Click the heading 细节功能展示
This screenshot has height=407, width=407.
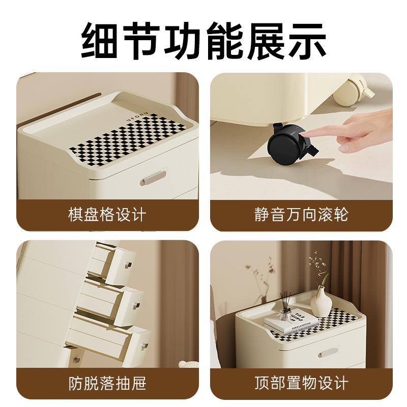pyautogui.click(x=203, y=41)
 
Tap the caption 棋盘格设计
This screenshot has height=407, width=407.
pyautogui.click(x=107, y=215)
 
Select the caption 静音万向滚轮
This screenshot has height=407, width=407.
pyautogui.click(x=301, y=215)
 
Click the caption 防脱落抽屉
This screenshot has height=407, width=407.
pyautogui.click(x=107, y=383)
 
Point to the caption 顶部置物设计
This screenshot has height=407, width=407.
pyautogui.click(x=301, y=383)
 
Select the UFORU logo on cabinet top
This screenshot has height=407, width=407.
pyautogui.click(x=137, y=117)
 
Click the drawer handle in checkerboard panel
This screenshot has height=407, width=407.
pyautogui.click(x=153, y=178)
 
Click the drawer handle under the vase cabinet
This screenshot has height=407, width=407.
pyautogui.click(x=328, y=352)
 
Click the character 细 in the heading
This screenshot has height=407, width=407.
pyautogui.click(x=100, y=41)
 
